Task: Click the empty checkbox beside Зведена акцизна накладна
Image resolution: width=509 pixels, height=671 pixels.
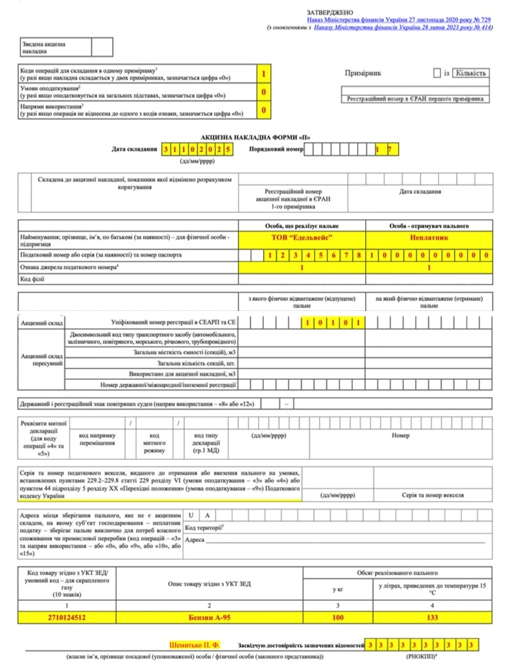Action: click(x=102, y=47)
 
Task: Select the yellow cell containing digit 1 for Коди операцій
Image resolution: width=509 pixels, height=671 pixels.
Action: click(x=264, y=73)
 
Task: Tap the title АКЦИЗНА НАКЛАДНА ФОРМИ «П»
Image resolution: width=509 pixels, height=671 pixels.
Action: click(x=255, y=138)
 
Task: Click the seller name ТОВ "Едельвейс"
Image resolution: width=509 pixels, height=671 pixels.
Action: click(x=302, y=237)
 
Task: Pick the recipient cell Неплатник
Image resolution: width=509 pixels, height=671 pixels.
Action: click(x=429, y=237)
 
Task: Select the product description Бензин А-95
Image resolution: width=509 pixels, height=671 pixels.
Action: click(x=210, y=617)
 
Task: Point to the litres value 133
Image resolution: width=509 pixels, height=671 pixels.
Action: click(x=429, y=617)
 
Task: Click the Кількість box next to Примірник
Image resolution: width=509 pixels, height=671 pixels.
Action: click(x=471, y=73)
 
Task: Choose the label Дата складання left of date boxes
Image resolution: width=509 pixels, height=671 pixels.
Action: click(x=135, y=150)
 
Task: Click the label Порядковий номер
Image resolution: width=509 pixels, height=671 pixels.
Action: click(x=276, y=150)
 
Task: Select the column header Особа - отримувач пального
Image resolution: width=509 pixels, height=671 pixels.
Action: click(x=429, y=226)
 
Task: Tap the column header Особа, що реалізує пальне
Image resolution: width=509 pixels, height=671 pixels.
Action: click(x=302, y=226)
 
